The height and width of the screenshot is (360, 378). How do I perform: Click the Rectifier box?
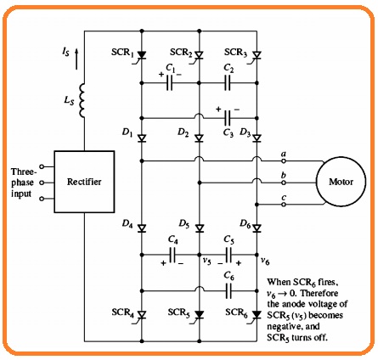[84, 182]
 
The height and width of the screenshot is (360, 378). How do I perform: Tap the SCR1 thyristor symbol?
[141, 55]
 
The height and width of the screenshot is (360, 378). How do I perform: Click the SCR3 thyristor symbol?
[257, 55]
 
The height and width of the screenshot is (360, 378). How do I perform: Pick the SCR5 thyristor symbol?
[200, 315]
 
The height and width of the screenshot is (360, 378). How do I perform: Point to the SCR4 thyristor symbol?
[141, 315]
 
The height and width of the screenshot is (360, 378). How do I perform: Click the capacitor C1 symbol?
[169, 83]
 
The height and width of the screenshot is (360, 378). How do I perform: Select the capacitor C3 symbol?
[228, 118]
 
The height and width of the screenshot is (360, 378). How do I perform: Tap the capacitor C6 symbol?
[228, 290]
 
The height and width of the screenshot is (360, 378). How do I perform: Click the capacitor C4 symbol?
[172, 255]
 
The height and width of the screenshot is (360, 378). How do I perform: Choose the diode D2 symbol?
[200, 138]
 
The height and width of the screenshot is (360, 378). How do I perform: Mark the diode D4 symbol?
[142, 228]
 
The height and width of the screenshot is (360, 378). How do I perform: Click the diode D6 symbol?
[257, 228]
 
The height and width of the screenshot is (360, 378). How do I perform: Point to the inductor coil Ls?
[82, 100]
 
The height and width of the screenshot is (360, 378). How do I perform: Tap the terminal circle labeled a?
[284, 160]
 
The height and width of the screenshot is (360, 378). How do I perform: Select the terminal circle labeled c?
[284, 205]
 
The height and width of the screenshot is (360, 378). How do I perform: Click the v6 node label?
[265, 261]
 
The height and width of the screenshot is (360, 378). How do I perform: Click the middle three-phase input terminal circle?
[42, 183]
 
